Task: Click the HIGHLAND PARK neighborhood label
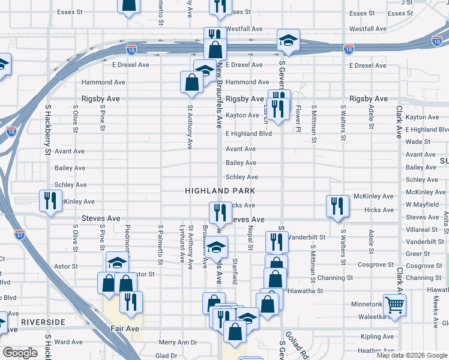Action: click(x=220, y=191)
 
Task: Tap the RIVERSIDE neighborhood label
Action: click(x=43, y=322)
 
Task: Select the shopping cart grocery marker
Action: click(x=394, y=305)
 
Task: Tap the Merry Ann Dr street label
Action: click(x=178, y=343)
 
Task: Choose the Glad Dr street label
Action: click(x=166, y=355)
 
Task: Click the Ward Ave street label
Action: click(x=68, y=342)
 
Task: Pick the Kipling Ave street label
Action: click(x=377, y=337)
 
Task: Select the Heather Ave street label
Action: click(x=376, y=350)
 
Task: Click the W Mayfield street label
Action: click(x=422, y=205)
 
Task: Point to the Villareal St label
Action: click(x=422, y=229)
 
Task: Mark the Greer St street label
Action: click(x=418, y=254)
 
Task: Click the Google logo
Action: click(x=20, y=353)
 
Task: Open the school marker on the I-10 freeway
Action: click(x=288, y=41)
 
